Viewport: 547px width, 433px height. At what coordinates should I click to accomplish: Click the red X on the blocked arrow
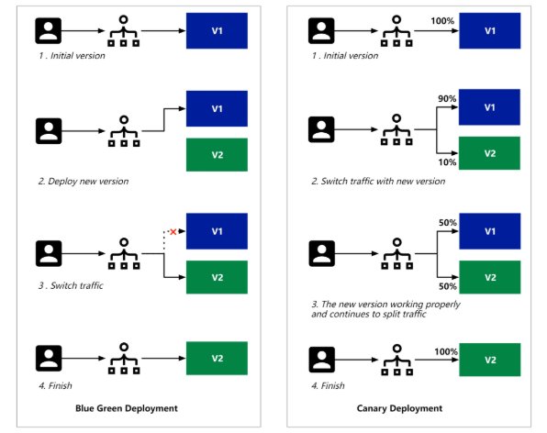pyautogui.click(x=173, y=231)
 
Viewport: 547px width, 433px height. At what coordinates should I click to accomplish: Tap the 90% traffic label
pyautogui.click(x=447, y=99)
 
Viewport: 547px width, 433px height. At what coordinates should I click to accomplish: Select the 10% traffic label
pyautogui.click(x=447, y=162)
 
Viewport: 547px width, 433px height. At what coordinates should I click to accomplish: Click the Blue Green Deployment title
pyautogui.click(x=127, y=408)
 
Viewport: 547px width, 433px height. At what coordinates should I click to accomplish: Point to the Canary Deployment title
pyautogui.click(x=399, y=408)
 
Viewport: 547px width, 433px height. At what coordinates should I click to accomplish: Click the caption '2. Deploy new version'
pyautogui.click(x=84, y=182)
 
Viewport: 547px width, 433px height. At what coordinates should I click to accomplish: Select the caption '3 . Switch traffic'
pyautogui.click(x=71, y=285)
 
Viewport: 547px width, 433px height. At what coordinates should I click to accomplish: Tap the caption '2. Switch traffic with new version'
pyautogui.click(x=378, y=182)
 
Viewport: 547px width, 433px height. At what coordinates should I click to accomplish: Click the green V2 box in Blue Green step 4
pyautogui.click(x=217, y=358)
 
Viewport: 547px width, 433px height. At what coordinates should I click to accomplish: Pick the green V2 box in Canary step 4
pyautogui.click(x=490, y=360)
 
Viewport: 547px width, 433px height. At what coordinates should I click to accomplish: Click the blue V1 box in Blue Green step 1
pyautogui.click(x=217, y=30)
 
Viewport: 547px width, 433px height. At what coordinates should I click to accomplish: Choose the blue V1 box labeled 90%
pyautogui.click(x=489, y=107)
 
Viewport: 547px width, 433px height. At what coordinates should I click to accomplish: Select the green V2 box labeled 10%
pyautogui.click(x=489, y=153)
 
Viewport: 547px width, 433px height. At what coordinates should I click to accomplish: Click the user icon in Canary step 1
pyautogui.click(x=321, y=30)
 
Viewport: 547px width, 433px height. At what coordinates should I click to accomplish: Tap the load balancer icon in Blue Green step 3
pyautogui.click(x=124, y=253)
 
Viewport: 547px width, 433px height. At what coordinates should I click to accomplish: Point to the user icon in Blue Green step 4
pyautogui.click(x=49, y=359)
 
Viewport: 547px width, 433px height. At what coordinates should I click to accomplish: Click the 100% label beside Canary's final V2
pyautogui.click(x=446, y=351)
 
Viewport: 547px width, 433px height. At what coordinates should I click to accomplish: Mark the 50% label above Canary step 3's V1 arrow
pyautogui.click(x=448, y=222)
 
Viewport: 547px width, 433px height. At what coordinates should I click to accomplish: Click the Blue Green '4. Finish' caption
pyautogui.click(x=55, y=385)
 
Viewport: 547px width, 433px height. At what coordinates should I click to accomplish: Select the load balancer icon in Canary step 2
pyautogui.click(x=396, y=129)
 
